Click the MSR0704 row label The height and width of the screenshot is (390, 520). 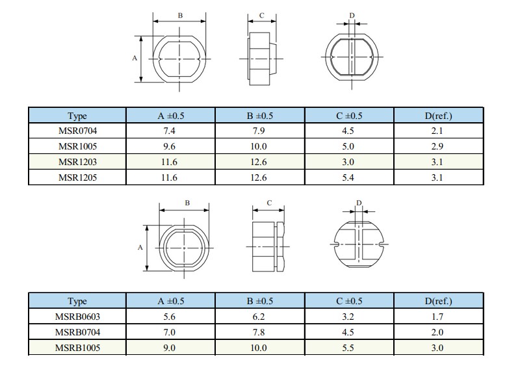pos(77,131)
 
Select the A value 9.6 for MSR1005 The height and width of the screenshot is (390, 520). pos(169,146)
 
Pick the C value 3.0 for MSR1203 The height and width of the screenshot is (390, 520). pos(348,162)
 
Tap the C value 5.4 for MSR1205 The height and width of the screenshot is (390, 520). pos(348,177)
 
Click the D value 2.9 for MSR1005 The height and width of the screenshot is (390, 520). pos(437,146)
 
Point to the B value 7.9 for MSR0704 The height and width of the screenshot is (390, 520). pos(259,131)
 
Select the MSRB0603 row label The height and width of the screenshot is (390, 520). pos(77,317)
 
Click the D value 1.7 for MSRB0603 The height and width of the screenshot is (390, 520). pos(437,317)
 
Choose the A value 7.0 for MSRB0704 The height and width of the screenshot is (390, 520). pos(169,332)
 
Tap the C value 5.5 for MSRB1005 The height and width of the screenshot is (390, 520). pos(348,348)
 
